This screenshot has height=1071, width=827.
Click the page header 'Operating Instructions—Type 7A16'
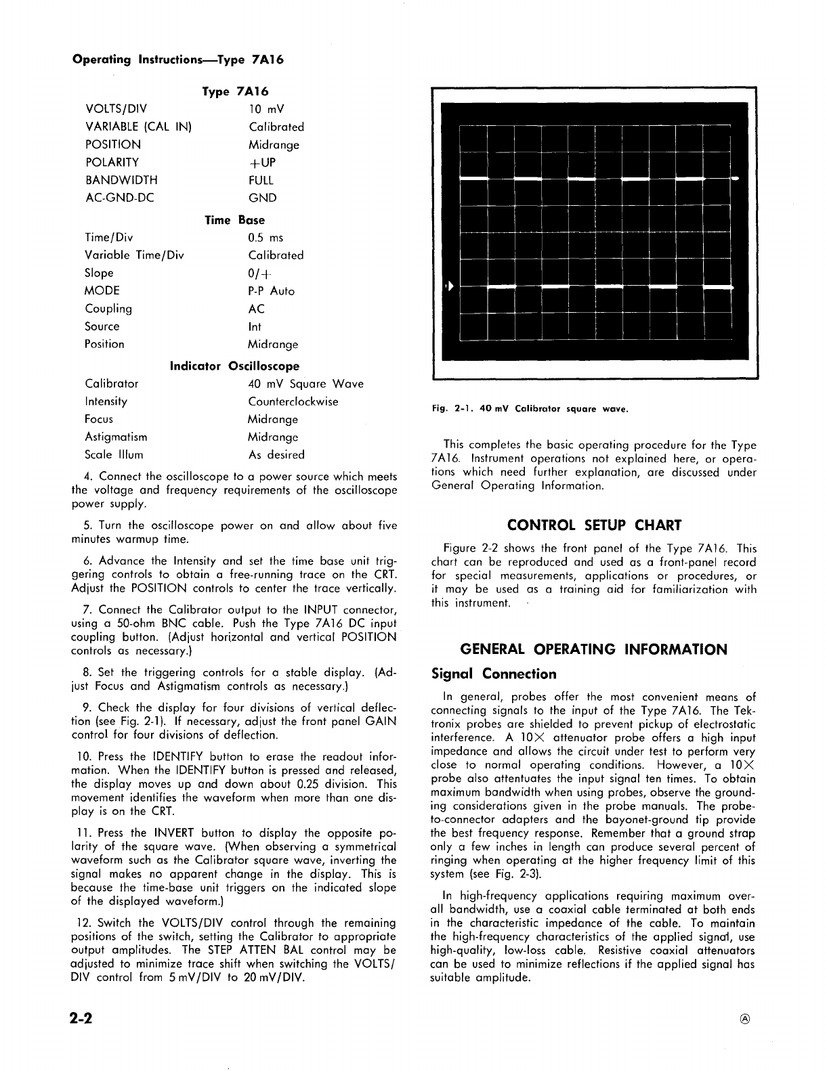(x=177, y=59)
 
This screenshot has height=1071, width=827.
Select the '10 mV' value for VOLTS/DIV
(x=266, y=109)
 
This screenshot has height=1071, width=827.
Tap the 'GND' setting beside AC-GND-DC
(x=262, y=198)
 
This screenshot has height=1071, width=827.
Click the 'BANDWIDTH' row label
(x=121, y=180)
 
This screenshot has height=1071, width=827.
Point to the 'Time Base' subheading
(x=234, y=220)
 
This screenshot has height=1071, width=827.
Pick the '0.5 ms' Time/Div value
(x=266, y=238)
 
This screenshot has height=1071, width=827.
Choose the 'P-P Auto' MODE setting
(x=271, y=291)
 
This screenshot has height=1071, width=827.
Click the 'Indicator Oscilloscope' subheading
(x=234, y=366)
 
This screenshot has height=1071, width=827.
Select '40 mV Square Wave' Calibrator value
(x=305, y=384)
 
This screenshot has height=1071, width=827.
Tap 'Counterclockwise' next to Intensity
(x=293, y=401)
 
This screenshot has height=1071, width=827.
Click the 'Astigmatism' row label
(x=116, y=437)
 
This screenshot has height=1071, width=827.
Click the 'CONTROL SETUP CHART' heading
(x=594, y=525)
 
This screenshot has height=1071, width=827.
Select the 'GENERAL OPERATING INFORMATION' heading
(x=593, y=650)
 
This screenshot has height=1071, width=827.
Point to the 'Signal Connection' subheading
(x=494, y=674)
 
